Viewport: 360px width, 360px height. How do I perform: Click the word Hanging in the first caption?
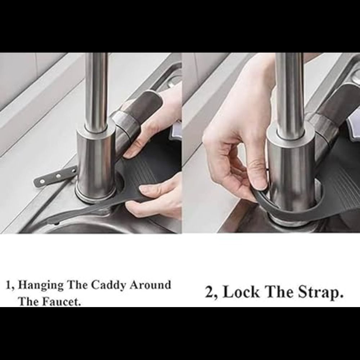pos(41,285)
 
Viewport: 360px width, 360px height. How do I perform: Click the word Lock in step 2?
pos(241,292)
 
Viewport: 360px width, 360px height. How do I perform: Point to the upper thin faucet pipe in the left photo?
pos(96,92)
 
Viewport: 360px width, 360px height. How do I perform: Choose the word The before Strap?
pos(279,292)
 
